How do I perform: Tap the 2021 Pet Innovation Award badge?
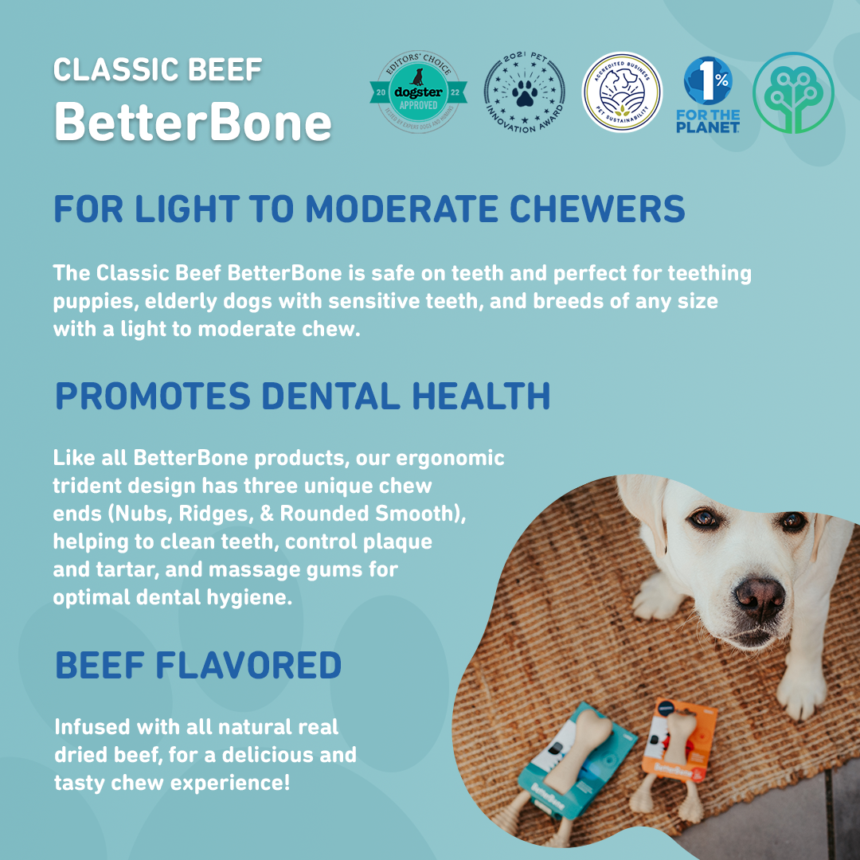pos(524,93)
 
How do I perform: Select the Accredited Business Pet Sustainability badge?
pos(622,92)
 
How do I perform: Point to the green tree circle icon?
pos(793,92)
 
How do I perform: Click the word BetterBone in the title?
pos(193,122)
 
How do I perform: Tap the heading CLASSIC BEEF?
pos(158,70)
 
